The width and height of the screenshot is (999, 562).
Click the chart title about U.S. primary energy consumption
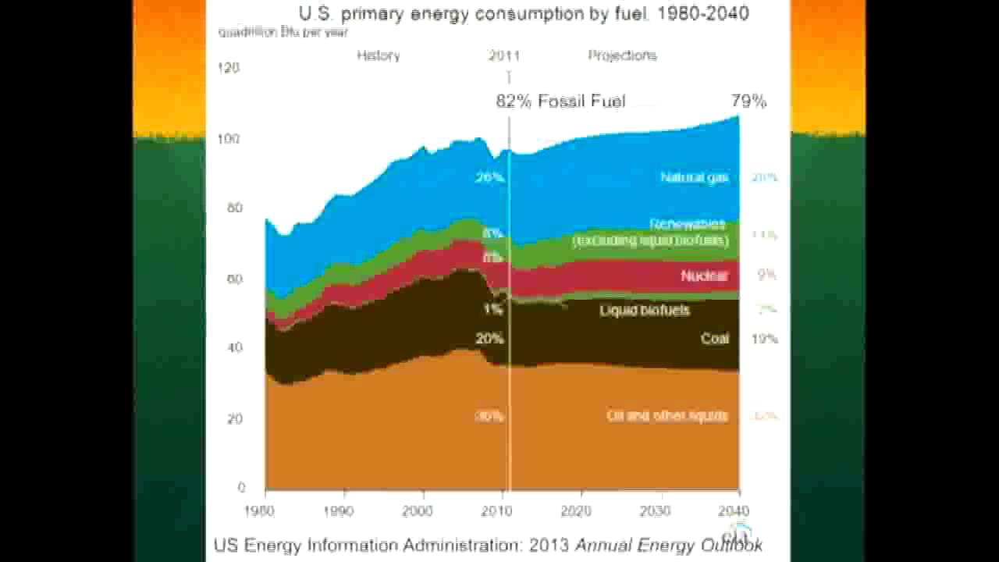click(x=524, y=13)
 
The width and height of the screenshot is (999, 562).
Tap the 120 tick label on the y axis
click(x=229, y=68)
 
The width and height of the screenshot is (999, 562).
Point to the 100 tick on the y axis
click(x=229, y=139)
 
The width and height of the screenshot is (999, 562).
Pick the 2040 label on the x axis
click(x=736, y=511)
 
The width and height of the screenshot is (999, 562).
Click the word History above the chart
click(x=379, y=55)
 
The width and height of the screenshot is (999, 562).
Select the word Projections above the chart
click(x=622, y=55)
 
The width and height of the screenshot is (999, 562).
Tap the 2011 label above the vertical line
click(x=504, y=55)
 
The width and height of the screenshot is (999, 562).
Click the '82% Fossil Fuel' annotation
click(x=560, y=101)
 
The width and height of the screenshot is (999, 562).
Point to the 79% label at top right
click(x=748, y=101)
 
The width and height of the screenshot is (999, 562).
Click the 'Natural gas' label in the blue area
click(x=695, y=177)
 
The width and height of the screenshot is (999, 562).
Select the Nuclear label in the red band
click(x=704, y=276)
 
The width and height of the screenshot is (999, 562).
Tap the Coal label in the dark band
click(x=715, y=338)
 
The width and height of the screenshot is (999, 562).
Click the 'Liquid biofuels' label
click(x=645, y=310)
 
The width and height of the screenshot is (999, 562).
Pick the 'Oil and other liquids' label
click(x=667, y=415)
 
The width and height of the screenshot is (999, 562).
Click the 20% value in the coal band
click(x=489, y=339)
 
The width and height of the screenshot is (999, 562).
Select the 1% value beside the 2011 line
click(x=492, y=309)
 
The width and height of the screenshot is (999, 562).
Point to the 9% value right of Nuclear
click(x=766, y=275)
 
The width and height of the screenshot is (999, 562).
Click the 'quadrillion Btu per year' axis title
click(x=283, y=33)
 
